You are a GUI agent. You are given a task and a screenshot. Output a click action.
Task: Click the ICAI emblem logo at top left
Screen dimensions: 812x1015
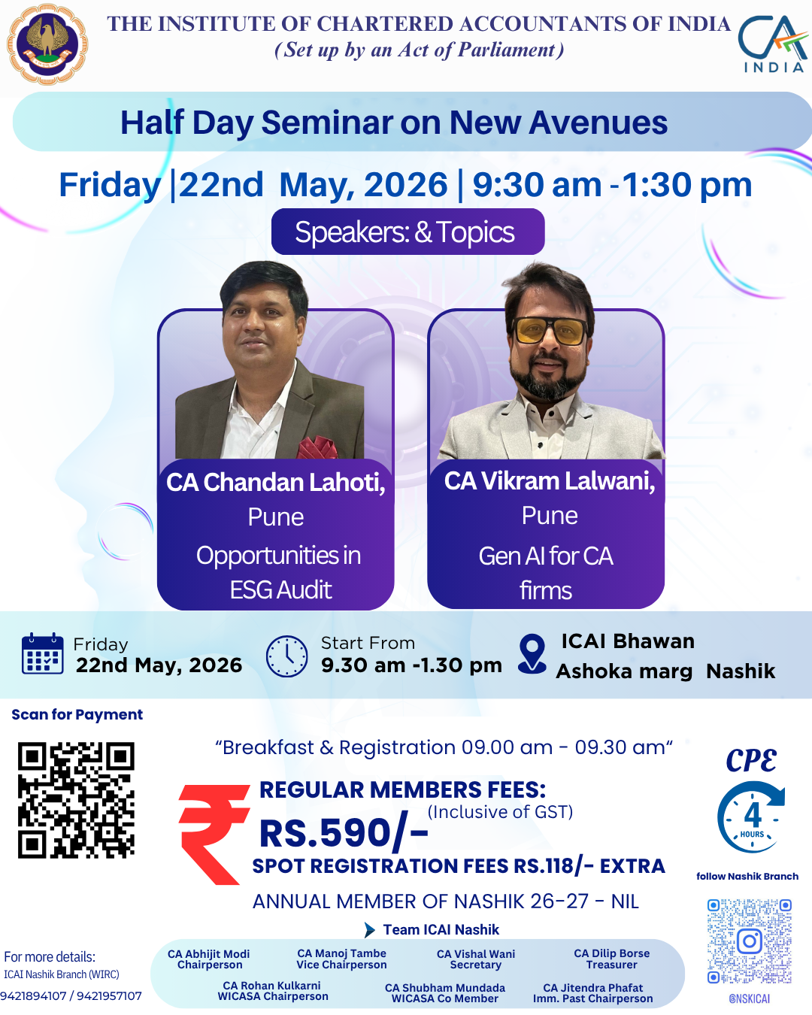coord(47,45)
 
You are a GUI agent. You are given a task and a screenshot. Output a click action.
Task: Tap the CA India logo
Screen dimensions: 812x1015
coord(772,44)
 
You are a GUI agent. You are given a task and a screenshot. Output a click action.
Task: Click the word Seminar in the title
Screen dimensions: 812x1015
coord(327,123)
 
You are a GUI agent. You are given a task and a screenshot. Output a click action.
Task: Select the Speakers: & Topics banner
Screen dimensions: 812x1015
coord(408,232)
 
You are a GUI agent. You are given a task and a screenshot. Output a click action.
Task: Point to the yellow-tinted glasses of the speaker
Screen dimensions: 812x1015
coord(550,330)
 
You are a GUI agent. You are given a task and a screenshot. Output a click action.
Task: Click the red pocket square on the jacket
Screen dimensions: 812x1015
coord(317,447)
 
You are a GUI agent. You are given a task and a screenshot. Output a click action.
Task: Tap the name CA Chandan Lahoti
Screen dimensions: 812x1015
coord(275,482)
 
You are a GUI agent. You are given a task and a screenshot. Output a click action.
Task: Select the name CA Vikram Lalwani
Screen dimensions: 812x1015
coord(549,480)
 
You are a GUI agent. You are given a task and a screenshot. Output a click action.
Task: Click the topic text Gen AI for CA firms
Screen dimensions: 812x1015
coord(546,573)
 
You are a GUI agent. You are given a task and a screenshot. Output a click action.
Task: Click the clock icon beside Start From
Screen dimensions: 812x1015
coord(287,656)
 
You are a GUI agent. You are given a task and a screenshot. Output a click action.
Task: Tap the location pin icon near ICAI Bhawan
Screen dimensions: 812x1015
coord(532,653)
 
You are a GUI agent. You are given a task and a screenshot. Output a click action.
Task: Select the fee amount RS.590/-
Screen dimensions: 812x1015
coord(344,833)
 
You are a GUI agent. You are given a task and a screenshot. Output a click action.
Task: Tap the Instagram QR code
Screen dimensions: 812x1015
coord(750,941)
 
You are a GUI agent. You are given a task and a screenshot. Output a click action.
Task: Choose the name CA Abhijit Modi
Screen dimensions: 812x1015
coord(208,953)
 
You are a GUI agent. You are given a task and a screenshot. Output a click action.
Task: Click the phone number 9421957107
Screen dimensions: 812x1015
coord(109,995)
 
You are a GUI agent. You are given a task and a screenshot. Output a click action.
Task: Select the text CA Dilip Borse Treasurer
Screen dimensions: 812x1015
coord(612,959)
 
